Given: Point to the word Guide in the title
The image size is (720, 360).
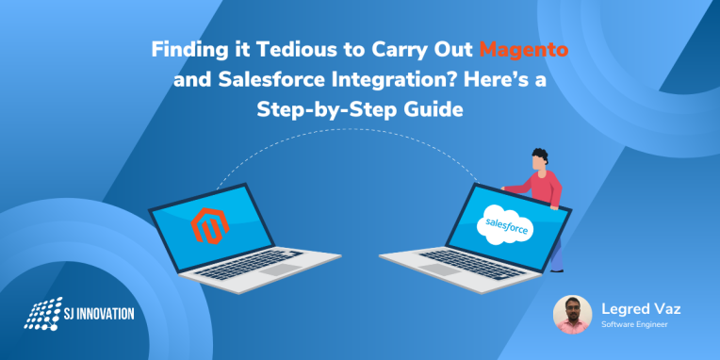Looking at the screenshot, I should [430, 108].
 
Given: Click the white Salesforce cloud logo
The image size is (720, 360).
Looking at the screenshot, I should [507, 225].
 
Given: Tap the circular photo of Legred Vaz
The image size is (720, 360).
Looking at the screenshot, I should [572, 315].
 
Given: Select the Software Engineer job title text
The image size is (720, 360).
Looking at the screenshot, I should [634, 325].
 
